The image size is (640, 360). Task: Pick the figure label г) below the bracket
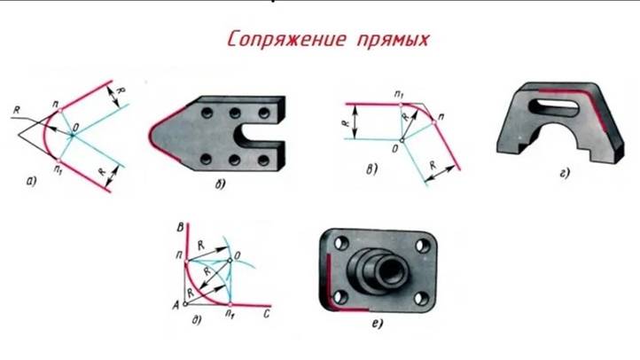pyautogui.click(x=564, y=173)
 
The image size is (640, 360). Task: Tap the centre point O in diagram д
pyautogui.click(x=228, y=260)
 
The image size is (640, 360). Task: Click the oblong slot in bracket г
pyautogui.click(x=558, y=106)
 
